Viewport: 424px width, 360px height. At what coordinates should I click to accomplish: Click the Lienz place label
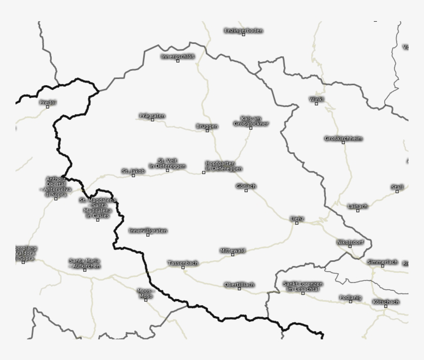tap(297, 218)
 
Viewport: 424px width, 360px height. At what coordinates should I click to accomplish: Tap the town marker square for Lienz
tap(297, 223)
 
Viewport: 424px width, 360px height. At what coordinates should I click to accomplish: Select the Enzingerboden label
tap(244, 30)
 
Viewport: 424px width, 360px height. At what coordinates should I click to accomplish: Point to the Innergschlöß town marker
tap(178, 61)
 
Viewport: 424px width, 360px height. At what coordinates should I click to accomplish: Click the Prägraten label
tap(153, 116)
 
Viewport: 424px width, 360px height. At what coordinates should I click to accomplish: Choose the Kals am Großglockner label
tap(251, 121)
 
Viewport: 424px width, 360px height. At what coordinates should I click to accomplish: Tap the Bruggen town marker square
tap(207, 131)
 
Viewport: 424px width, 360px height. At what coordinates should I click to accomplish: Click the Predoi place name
tap(48, 102)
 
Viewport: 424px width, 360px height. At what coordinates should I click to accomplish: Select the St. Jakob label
tap(133, 171)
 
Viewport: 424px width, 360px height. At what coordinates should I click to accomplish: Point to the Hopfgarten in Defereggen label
tap(224, 166)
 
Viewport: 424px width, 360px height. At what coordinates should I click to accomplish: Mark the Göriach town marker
tap(246, 191)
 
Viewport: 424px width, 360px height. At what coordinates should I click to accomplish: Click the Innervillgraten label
tap(148, 230)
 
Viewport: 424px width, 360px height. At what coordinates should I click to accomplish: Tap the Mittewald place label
tap(233, 250)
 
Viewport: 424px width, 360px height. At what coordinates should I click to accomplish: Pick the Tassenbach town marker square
tap(183, 268)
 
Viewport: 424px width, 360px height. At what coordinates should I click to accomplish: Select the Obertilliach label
tap(239, 285)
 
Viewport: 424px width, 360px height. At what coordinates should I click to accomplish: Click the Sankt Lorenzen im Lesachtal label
tap(303, 287)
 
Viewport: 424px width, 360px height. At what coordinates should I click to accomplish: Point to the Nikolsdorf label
tap(350, 242)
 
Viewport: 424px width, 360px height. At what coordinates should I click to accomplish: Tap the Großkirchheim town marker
tap(343, 143)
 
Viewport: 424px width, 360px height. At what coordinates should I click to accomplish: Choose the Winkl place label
tap(316, 99)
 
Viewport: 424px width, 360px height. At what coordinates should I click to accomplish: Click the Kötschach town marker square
tap(386, 306)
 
